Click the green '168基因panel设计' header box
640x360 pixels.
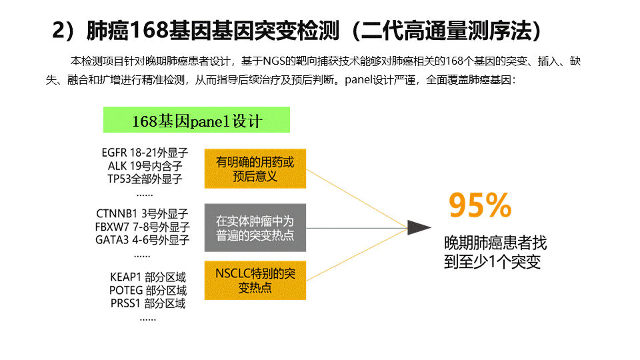196,119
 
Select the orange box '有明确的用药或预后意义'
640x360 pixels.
255,169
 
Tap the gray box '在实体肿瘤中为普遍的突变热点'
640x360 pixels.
255,228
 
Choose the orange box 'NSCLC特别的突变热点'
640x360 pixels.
255,281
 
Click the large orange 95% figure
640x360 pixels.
480,205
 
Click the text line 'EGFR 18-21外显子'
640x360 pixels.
145,153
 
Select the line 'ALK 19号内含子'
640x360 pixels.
145,166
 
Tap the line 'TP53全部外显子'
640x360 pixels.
145,179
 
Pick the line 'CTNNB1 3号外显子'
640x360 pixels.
142,213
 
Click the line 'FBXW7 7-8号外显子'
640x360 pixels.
142,227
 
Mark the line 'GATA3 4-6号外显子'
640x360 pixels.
142,239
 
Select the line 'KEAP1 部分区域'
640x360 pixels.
148,277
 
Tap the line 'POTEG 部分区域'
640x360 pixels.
148,290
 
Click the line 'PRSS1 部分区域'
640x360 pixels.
148,303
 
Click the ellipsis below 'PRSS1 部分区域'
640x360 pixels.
148,319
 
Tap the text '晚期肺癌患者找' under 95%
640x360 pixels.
495,243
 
